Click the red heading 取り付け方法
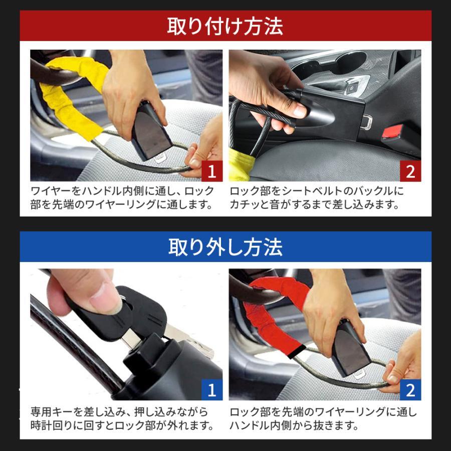225,27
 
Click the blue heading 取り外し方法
225,247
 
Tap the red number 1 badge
212,171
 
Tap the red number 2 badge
410,171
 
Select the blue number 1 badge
212,390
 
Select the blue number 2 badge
410,390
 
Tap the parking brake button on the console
352,90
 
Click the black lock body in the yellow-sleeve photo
151,131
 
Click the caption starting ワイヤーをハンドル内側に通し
123,197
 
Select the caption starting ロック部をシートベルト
317,197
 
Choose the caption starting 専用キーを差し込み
123,418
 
